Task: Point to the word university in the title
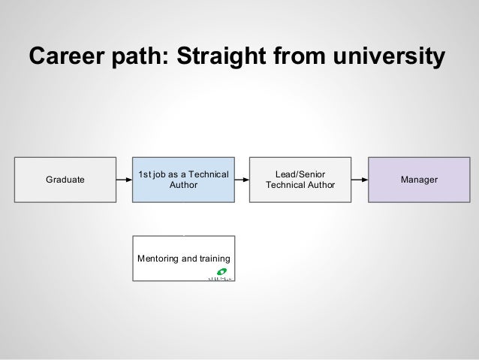coord(387,56)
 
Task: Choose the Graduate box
coord(65,180)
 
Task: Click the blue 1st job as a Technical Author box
coord(184,180)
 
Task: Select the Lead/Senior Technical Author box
coord(300,180)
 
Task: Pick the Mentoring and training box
coord(184,258)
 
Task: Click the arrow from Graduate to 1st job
coord(125,180)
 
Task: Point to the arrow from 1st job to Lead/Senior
coord(242,180)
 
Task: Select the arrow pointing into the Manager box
coord(360,180)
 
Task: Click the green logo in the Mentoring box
coord(222,272)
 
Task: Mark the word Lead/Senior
coord(300,174)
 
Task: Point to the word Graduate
coord(65,180)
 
